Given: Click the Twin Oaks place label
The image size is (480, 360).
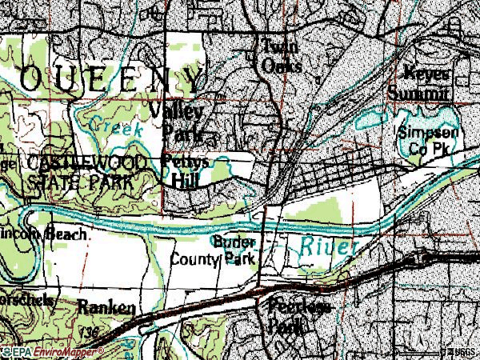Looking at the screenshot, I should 277,57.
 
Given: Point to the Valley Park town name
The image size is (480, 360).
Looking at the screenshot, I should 184,119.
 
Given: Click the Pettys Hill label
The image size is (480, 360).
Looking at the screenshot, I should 186,170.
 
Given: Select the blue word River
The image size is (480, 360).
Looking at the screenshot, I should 327,247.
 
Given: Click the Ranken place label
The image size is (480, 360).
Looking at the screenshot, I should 107,307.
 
